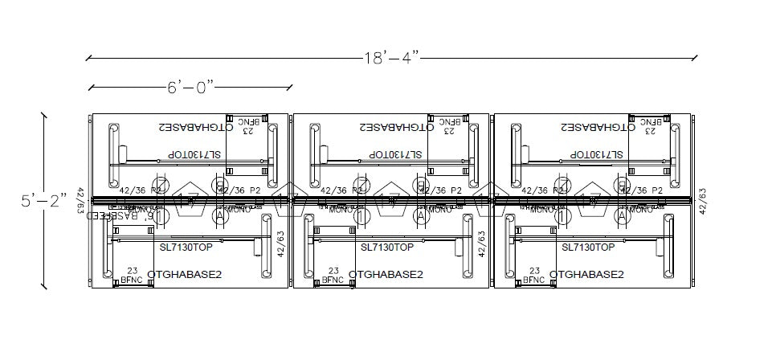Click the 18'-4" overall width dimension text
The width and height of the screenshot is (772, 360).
(x=391, y=58)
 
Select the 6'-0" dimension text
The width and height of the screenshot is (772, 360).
(x=190, y=87)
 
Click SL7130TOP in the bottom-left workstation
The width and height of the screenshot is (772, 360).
(x=186, y=247)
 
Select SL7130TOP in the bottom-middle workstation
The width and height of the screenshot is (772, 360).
(x=387, y=247)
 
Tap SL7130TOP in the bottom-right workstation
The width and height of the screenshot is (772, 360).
(x=588, y=247)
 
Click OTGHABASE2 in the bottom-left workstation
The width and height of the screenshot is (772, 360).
(x=184, y=274)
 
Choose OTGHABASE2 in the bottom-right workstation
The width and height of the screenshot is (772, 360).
(x=586, y=274)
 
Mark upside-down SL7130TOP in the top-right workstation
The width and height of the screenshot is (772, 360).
(x=597, y=153)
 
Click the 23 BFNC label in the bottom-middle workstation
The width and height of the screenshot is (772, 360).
(x=333, y=276)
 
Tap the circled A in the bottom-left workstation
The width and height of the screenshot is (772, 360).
(x=219, y=215)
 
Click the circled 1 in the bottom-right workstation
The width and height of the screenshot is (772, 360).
(x=563, y=215)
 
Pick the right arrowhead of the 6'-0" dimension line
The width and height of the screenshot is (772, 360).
(x=290, y=87)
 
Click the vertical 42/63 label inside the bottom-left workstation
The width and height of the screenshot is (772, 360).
(x=280, y=243)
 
